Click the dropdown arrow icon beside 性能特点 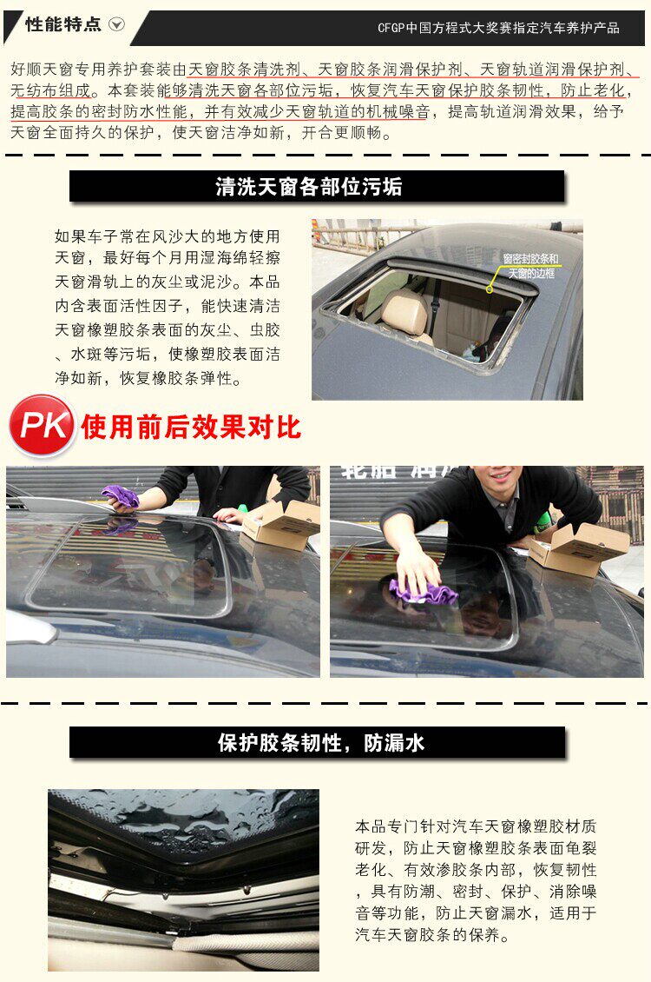117,24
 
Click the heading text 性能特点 63,24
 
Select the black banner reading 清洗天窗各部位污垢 317,187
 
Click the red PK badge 42,425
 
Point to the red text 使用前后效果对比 191,428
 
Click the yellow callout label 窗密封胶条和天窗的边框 531,266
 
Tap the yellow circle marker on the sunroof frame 490,289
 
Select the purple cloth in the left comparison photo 121,496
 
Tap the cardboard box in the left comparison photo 282,525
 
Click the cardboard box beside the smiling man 577,548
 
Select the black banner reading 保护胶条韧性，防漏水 317,743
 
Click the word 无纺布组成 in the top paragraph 50,90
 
